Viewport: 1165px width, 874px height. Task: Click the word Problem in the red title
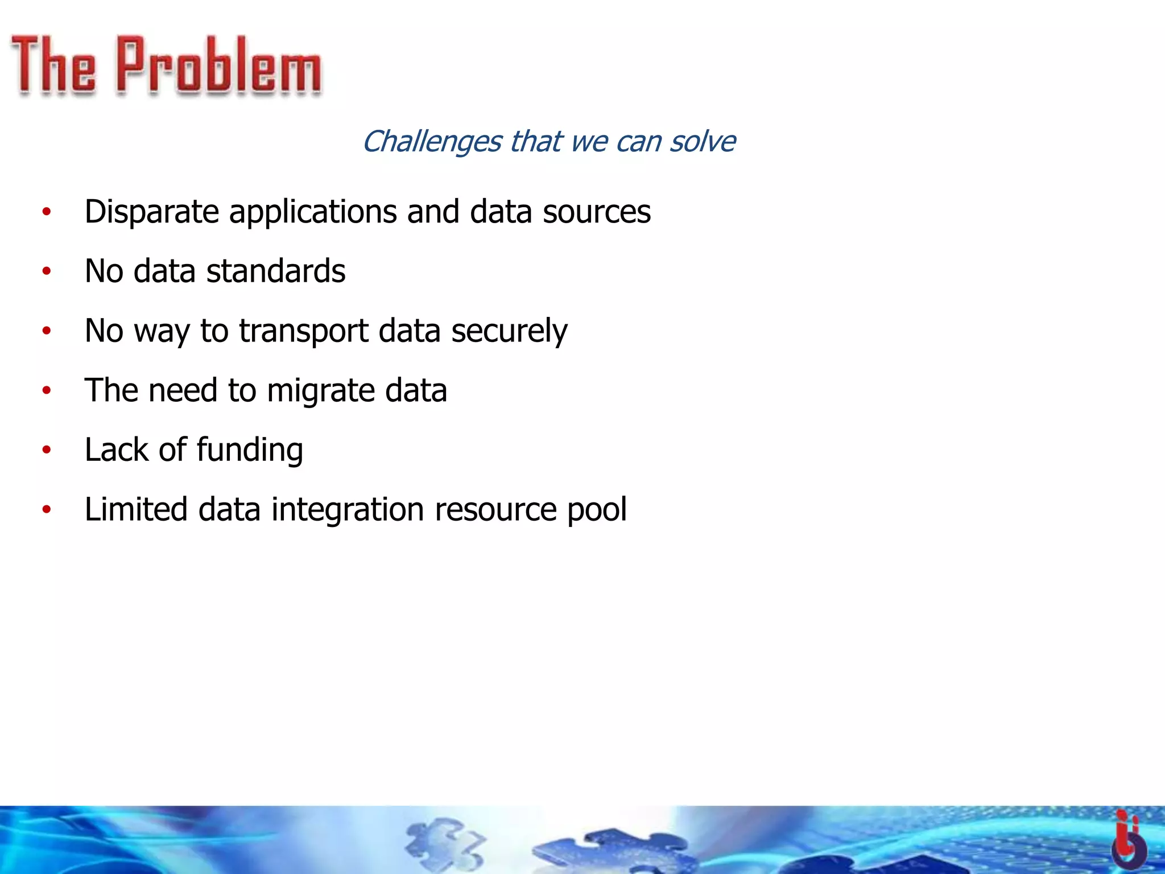click(219, 65)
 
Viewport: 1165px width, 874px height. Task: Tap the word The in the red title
click(53, 65)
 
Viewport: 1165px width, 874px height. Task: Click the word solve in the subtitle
click(702, 141)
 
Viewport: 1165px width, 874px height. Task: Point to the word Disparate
click(151, 212)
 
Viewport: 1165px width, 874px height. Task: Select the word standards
click(276, 271)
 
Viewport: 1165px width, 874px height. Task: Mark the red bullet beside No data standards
click(47, 271)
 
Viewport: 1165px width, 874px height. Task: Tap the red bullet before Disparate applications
click(47, 212)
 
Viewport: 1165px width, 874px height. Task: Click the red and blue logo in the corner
click(1129, 839)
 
